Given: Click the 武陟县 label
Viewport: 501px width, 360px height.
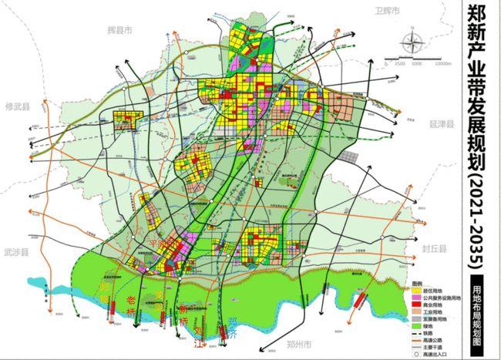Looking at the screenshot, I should tap(15, 252).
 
